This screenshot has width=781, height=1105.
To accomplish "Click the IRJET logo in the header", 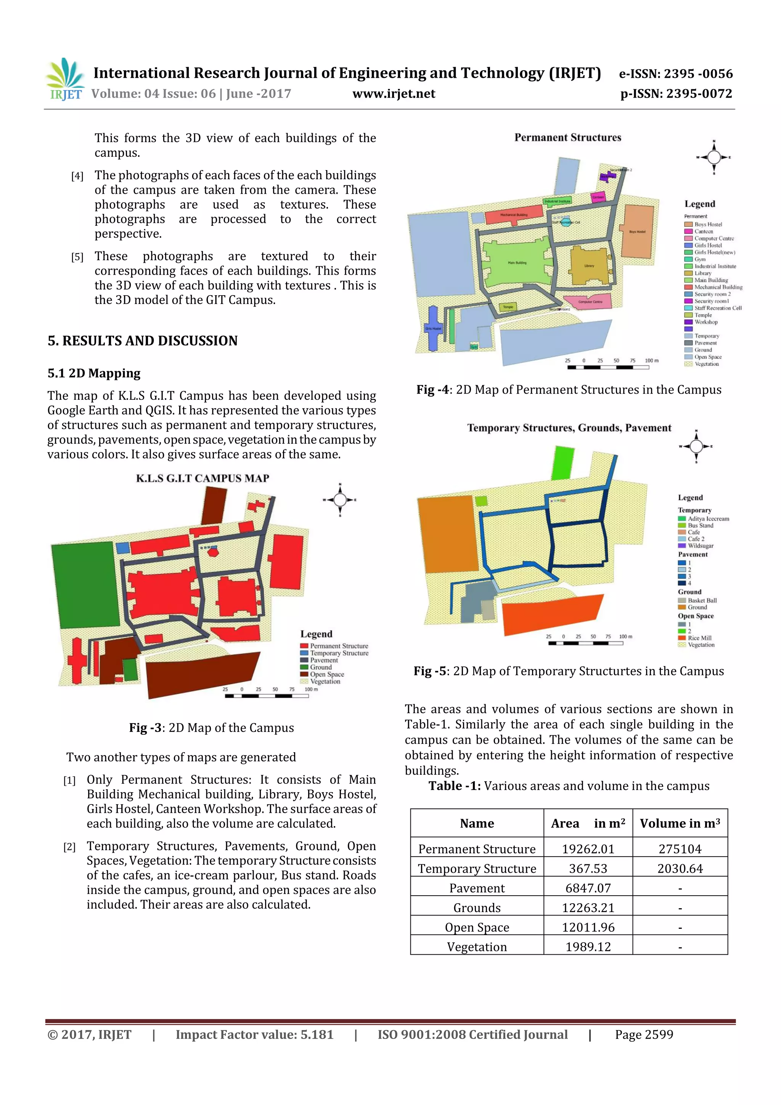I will [x=65, y=80].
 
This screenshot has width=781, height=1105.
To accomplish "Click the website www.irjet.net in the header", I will [x=393, y=94].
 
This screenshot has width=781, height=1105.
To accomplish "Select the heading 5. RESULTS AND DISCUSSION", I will [x=143, y=341].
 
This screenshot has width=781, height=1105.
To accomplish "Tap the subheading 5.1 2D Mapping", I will [x=94, y=373].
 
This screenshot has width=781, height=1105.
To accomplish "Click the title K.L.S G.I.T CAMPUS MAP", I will [x=202, y=478].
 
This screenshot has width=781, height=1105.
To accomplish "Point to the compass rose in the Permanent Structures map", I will [x=714, y=157].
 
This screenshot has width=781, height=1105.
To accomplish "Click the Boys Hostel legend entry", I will [x=707, y=224].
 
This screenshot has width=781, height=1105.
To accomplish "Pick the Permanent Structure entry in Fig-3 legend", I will [x=338, y=646].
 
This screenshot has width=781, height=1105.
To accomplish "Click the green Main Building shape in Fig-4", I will [x=515, y=262].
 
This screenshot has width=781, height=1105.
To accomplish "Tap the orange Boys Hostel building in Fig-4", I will [x=638, y=231].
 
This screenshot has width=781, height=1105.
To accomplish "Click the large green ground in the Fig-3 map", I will [x=84, y=585].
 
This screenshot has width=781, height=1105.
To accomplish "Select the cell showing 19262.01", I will [x=588, y=849].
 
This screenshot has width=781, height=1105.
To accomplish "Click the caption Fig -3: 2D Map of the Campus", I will [x=211, y=728].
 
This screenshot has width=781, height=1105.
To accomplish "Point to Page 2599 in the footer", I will [x=643, y=1034].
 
